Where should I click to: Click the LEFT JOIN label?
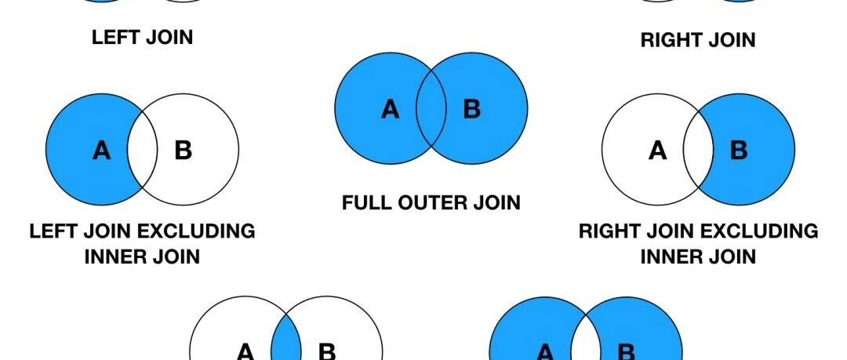[x=142, y=37]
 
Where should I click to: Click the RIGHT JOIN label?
[x=698, y=40]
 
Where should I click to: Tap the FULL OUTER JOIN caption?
[x=431, y=203]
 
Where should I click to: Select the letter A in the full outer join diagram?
[x=390, y=109]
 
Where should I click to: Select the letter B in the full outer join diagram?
[x=471, y=109]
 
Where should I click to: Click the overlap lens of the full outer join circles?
[x=431, y=109]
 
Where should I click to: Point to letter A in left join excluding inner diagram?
[x=101, y=150]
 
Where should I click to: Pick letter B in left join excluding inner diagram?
[x=183, y=150]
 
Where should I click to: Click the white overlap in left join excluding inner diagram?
[x=142, y=150]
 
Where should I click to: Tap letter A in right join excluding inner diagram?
[x=657, y=150]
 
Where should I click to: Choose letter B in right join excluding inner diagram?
[x=739, y=150]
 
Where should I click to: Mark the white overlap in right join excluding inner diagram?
[x=698, y=150]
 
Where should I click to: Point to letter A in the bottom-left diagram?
[x=245, y=352]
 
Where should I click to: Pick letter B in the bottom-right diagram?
[x=627, y=352]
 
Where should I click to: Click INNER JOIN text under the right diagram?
[x=698, y=256]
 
